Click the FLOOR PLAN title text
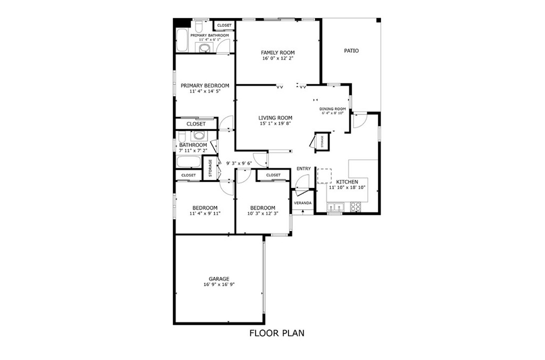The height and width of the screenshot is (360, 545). pos(277,333)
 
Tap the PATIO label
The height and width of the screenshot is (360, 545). pos(351,51)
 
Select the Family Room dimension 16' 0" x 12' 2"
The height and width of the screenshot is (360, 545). pos(278,59)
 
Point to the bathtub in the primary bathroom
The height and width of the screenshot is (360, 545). pos(182,39)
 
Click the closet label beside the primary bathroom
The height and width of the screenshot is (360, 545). pos(224,26)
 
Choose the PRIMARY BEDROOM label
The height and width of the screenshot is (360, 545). pos(205,86)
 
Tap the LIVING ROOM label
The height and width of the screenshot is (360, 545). pos(275,118)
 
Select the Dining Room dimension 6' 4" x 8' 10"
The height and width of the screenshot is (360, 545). pos(333,113)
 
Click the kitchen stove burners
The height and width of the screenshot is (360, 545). pos(355,207)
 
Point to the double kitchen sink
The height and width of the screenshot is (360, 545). pos(335,207)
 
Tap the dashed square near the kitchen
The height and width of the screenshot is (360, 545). pos(324,176)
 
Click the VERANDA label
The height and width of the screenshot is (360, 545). pos(303,203)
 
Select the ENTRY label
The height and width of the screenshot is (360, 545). pos(303,169)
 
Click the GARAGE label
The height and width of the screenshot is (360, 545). pos(219,279)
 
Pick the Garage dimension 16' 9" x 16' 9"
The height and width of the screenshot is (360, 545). pos(219,284)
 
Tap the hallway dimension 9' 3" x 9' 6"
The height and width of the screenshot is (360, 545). pos(239,163)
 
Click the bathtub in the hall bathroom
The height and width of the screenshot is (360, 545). pos(189,162)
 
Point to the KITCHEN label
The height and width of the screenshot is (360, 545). pos(347,182)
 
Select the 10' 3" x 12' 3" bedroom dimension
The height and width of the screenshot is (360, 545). pos(263,214)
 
